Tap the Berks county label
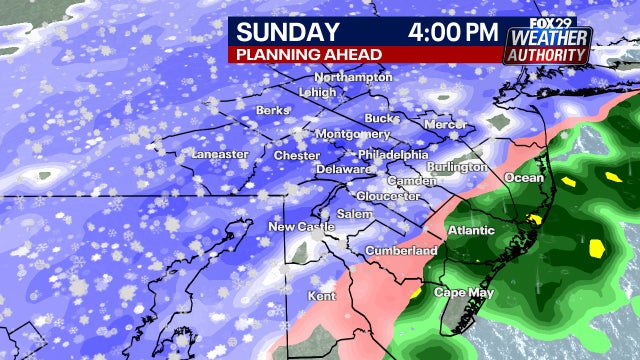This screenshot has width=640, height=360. (272, 110)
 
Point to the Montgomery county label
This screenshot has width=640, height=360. (352, 134)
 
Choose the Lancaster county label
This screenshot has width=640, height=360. (219, 155)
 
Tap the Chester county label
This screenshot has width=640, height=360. (297, 156)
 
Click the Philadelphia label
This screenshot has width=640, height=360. (393, 155)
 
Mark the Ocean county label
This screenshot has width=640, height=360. (523, 177)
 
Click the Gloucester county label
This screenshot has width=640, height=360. (388, 196)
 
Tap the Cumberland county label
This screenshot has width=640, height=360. (401, 250)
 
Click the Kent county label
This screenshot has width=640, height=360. (322, 297)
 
